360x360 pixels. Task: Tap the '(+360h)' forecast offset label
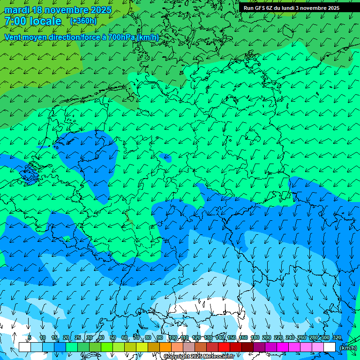pos(83,21)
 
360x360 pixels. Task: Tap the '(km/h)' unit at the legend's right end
pos(348,348)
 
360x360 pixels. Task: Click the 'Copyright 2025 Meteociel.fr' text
pos(199,357)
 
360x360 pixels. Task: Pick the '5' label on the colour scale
pos(30,338)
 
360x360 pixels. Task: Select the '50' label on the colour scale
pos(113,338)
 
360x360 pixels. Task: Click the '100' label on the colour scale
pos(172,338)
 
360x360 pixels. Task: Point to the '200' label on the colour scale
pos(267,338)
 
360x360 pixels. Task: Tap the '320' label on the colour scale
pos(337,338)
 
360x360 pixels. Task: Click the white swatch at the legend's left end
pos(25,347)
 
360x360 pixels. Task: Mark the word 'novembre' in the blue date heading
pos(64,10)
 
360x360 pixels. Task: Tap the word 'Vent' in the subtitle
pos(13,37)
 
